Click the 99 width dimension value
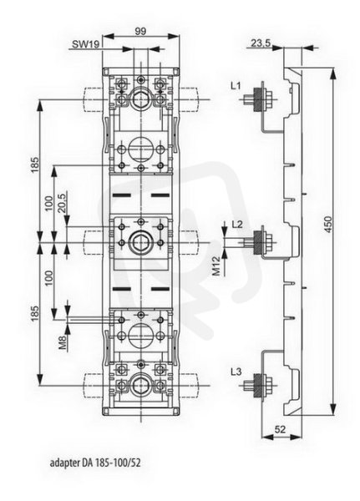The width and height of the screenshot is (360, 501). tap(140, 31)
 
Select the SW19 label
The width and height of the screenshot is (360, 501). tap(85, 44)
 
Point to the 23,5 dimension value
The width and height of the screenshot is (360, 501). tap(261, 43)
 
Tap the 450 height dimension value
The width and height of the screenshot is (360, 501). tap(328, 225)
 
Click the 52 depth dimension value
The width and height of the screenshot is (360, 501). tap(280, 429)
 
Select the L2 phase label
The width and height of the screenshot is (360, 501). tap(237, 225)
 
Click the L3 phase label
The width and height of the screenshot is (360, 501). tap(236, 372)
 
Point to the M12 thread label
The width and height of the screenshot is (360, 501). tap(217, 266)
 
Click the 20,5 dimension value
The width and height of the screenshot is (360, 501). tap(62, 202)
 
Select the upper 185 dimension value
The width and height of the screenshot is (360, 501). tap(35, 164)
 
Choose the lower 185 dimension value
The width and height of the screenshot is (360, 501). tap(35, 313)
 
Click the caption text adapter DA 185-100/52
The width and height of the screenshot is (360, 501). tap(95, 463)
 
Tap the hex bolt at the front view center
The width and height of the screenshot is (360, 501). tap(140, 242)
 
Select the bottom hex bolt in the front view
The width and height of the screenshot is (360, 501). tap(140, 385)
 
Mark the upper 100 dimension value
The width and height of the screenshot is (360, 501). tap(48, 203)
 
